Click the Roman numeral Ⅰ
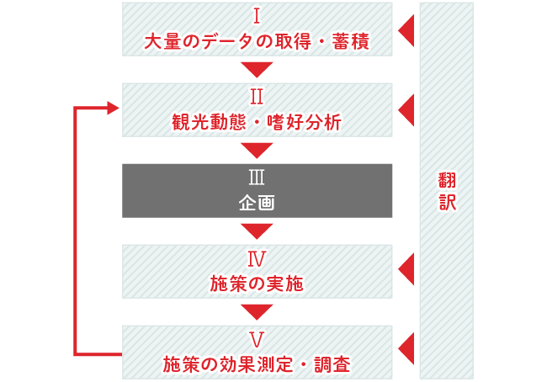(257, 17)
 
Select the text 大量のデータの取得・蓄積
(257, 40)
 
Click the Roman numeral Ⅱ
(257, 98)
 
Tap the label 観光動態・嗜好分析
(257, 122)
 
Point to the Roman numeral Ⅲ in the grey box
(257, 178)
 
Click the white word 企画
(257, 203)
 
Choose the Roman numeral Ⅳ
(257, 259)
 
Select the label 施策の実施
(257, 284)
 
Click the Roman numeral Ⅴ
(257, 340)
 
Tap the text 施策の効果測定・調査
(257, 364)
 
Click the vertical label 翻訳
(446, 191)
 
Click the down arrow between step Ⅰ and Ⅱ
(257, 69)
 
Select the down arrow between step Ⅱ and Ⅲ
(257, 150)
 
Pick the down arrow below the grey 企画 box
(257, 231)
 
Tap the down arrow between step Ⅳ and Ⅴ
(257, 311)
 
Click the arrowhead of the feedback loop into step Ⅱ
(114, 108)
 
